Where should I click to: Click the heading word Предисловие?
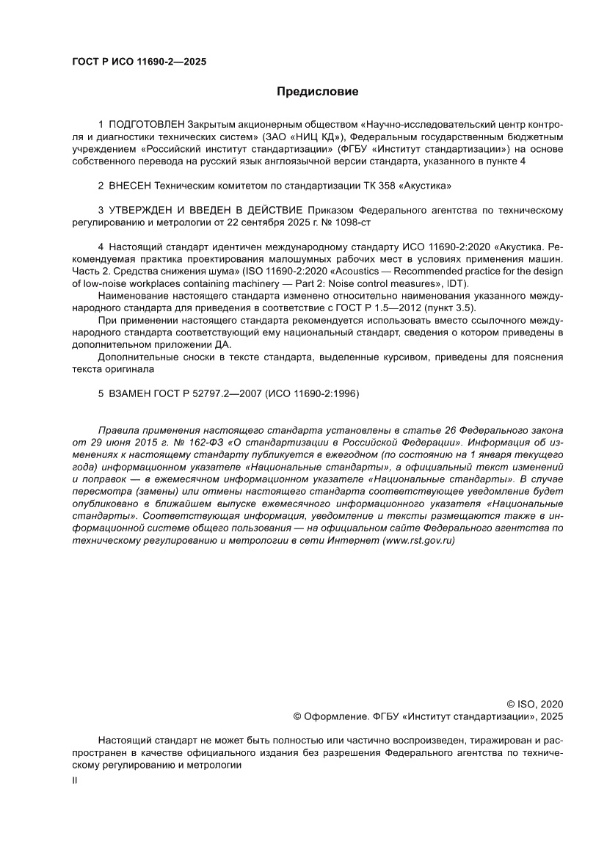pos(317,92)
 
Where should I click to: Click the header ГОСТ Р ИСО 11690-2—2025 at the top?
pos(139,62)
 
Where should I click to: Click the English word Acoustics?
pos(357,271)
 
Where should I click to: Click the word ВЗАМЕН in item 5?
pos(128,393)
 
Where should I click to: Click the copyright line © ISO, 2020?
pos(535,703)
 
